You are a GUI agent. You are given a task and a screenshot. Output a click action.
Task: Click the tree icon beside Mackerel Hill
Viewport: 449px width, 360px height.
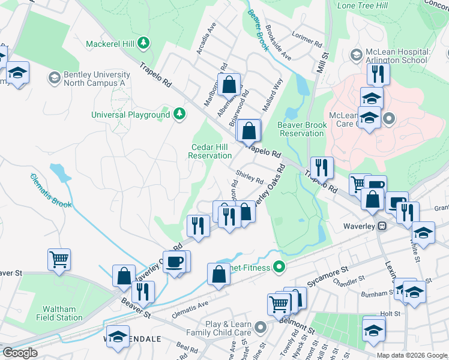(x=143, y=43)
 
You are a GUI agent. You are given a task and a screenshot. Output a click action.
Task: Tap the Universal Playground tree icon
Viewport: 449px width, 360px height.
(x=179, y=114)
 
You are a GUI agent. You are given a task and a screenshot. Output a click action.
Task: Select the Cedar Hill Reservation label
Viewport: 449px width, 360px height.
(x=210, y=151)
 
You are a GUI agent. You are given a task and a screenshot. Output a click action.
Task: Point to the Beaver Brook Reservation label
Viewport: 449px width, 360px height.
(x=303, y=129)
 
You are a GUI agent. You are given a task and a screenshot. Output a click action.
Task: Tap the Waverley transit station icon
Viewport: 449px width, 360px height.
(x=381, y=226)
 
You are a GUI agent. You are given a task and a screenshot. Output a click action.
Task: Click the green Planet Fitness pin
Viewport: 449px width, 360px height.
(x=279, y=266)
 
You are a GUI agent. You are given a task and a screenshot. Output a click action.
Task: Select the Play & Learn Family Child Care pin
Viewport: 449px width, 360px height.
(x=259, y=328)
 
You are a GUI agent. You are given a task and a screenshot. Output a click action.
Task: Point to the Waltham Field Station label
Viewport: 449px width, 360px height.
(x=59, y=313)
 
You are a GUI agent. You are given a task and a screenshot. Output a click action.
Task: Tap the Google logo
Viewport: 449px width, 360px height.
(x=20, y=353)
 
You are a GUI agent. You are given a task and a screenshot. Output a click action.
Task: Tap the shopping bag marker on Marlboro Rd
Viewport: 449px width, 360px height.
(x=229, y=85)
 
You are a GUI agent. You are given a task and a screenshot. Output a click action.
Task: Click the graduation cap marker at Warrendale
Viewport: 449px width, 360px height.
(x=118, y=337)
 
